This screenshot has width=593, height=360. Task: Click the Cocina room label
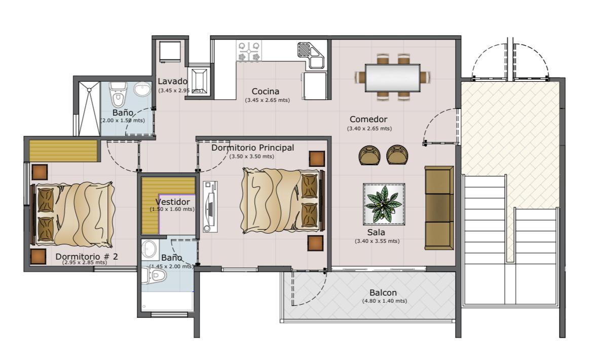[x=266, y=91]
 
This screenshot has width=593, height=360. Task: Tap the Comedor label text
[x=368, y=120]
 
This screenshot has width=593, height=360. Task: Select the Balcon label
[x=383, y=293]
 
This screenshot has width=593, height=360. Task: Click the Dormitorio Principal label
[x=252, y=148]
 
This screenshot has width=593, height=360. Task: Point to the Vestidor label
[x=172, y=202]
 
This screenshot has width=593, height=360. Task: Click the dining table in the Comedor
[x=393, y=78]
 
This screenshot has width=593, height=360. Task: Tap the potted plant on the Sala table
[x=384, y=204]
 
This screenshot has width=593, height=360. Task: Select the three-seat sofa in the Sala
[x=439, y=207]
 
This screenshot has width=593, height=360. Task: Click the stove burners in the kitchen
[x=249, y=51]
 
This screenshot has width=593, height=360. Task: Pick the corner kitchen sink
[x=311, y=55]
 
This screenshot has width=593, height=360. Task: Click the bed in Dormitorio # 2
[x=72, y=214]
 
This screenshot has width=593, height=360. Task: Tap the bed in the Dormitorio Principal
[x=282, y=200]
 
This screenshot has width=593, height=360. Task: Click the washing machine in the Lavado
[x=169, y=51]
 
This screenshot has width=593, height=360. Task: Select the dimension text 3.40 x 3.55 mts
[x=377, y=241]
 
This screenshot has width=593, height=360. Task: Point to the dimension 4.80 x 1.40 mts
[x=385, y=301]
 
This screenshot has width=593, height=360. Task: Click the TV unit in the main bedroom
[x=210, y=206]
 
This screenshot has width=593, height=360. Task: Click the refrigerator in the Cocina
[x=315, y=86]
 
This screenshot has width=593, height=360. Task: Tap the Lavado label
[x=172, y=81]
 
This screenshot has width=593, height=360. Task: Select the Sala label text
[x=376, y=233]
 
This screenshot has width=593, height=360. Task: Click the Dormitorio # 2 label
[x=87, y=257]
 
